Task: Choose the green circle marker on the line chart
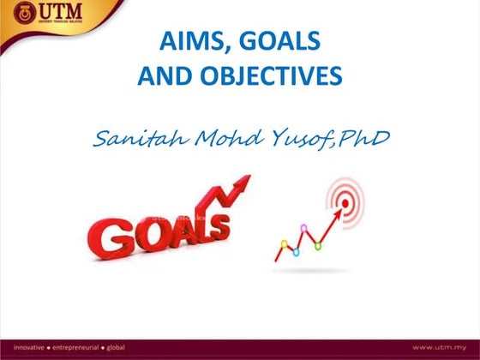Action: pyautogui.click(x=318, y=246)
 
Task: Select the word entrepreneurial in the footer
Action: pyautogui.click(x=75, y=347)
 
